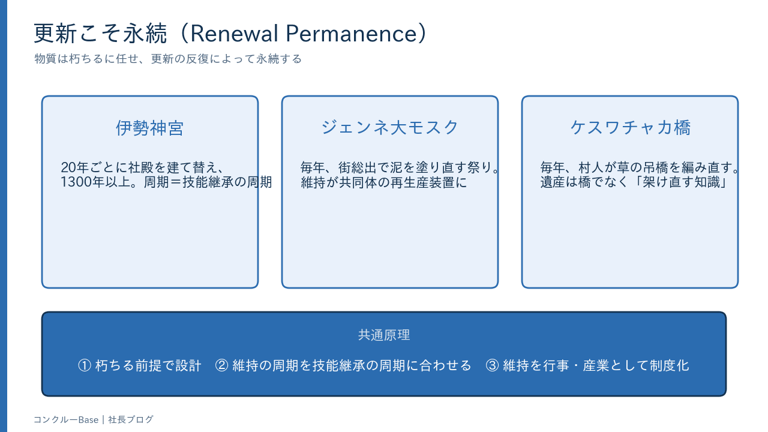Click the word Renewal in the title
tap(234, 34)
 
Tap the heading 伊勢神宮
tap(150, 128)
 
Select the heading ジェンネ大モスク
tap(390, 127)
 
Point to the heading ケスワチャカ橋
tap(630, 127)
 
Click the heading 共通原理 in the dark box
tap(384, 335)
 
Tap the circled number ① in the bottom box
tap(85, 365)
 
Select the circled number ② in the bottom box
tap(222, 365)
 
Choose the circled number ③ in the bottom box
tap(493, 365)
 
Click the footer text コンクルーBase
tap(66, 419)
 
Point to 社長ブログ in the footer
tap(131, 419)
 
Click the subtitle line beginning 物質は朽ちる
tap(168, 59)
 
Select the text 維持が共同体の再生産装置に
tap(384, 182)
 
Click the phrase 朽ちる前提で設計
tap(148, 365)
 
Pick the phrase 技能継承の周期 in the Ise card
tap(227, 182)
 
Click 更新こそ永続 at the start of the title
tap(100, 34)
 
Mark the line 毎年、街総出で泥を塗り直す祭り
tap(396, 167)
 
